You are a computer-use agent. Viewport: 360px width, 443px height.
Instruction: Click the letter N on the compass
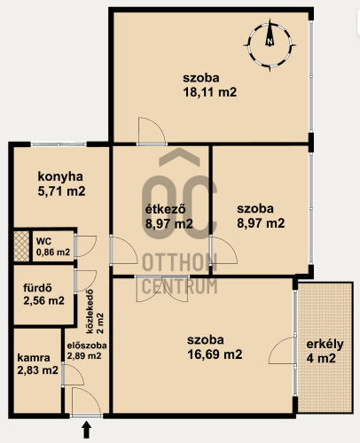pyautogui.click(x=270, y=42)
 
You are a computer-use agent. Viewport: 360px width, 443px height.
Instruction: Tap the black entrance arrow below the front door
pyautogui.click(x=86, y=430)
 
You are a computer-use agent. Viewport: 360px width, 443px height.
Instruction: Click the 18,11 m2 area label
pyautogui.click(x=210, y=92)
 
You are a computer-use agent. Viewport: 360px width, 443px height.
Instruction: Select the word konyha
pyautogui.click(x=60, y=177)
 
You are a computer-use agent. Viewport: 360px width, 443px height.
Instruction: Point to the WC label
pyautogui.click(x=43, y=241)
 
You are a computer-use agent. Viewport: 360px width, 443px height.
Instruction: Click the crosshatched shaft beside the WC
pyautogui.click(x=21, y=246)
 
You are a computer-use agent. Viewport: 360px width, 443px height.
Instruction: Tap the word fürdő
pyautogui.click(x=37, y=288)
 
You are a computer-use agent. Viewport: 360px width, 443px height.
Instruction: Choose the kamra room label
pyautogui.click(x=34, y=358)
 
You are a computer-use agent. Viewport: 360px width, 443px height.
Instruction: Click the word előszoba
pyautogui.click(x=87, y=346)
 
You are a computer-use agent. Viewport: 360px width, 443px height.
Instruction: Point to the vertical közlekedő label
pyautogui.click(x=90, y=311)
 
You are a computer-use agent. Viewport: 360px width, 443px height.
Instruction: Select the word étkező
pyautogui.click(x=166, y=209)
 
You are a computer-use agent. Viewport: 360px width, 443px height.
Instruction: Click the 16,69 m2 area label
pyautogui.click(x=215, y=354)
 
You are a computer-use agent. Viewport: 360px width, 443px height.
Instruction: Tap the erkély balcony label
pyautogui.click(x=325, y=345)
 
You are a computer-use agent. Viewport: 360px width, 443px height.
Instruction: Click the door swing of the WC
pyautogui.click(x=86, y=246)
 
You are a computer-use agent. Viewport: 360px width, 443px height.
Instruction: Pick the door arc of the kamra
pyautogui.click(x=74, y=375)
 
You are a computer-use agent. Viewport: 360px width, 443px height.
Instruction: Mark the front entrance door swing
pyautogui.click(x=86, y=401)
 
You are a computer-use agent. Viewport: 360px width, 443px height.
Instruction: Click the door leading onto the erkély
pyautogui.click(x=282, y=351)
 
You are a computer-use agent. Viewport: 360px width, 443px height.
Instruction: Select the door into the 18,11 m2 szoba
pyautogui.click(x=152, y=131)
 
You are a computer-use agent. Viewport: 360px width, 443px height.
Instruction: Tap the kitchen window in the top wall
pyautogui.click(x=59, y=144)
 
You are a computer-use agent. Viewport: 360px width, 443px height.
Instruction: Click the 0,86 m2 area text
pyautogui.click(x=53, y=253)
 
